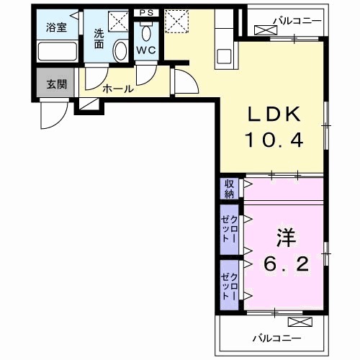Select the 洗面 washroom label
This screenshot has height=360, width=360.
(99, 37)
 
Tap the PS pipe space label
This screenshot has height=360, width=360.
(146, 12)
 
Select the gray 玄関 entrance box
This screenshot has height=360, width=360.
(56, 83)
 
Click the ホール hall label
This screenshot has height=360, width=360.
(117, 89)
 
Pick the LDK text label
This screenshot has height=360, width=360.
(278, 115)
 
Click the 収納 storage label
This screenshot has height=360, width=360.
(229, 189)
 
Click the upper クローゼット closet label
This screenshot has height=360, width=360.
(230, 228)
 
